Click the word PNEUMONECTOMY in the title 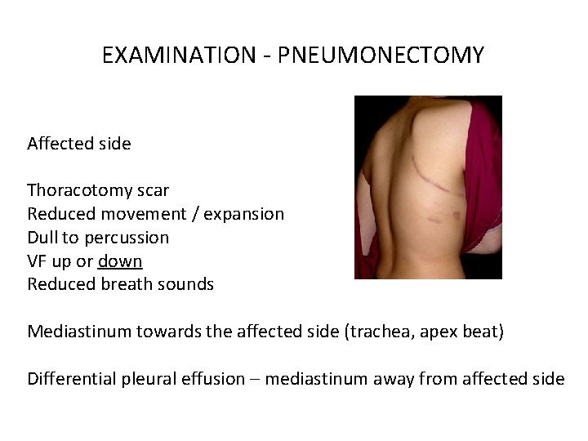click(381, 56)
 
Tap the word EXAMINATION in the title click(178, 56)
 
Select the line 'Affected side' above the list click(79, 144)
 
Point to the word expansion click(244, 214)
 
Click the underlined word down click(120, 261)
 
